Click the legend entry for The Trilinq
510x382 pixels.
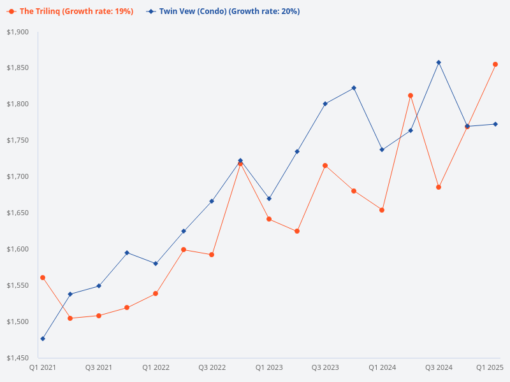pyautogui.click(x=71, y=11)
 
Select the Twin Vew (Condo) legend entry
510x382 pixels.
pyautogui.click(x=222, y=11)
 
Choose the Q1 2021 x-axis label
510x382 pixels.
pyautogui.click(x=42, y=367)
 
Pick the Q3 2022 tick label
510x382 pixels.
pyautogui.click(x=212, y=367)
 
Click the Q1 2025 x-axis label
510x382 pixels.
pyautogui.click(x=490, y=367)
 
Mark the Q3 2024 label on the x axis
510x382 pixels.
pyautogui.click(x=439, y=367)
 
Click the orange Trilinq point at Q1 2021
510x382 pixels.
pyautogui.click(x=43, y=278)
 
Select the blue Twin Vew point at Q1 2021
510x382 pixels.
pyautogui.click(x=43, y=339)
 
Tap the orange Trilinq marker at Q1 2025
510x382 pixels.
pyautogui.click(x=495, y=64)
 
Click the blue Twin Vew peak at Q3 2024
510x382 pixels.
pyautogui.click(x=439, y=62)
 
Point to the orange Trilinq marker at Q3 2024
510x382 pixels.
pyautogui.click(x=439, y=187)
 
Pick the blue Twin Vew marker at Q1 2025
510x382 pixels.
pyautogui.click(x=495, y=124)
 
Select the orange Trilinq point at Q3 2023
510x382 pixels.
pyautogui.click(x=325, y=166)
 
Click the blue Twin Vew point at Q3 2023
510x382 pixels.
pyautogui.click(x=325, y=104)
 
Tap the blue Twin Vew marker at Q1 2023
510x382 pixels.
pyautogui.click(x=269, y=199)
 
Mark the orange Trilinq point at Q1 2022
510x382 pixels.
pyautogui.click(x=156, y=294)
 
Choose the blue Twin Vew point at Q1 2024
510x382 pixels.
pyautogui.click(x=382, y=150)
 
